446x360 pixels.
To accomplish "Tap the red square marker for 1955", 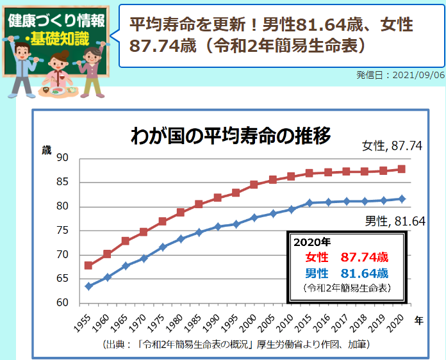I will pyautogui.click(x=88, y=265).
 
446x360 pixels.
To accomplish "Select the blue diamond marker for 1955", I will pyautogui.click(x=88, y=286).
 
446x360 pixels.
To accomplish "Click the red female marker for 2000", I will pyautogui.click(x=254, y=184).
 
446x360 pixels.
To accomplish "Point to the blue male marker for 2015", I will pyautogui.click(x=310, y=203).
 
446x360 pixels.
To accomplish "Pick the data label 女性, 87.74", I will pyautogui.click(x=392, y=146).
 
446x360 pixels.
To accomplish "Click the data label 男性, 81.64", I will pyautogui.click(x=396, y=222).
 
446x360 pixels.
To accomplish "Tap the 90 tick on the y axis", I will pyautogui.click(x=63, y=158).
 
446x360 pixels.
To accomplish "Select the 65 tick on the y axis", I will pyautogui.click(x=63, y=279).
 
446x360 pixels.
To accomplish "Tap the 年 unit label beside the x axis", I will pyautogui.click(x=418, y=318).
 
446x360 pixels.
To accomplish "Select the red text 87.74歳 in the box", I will pyautogui.click(x=364, y=258).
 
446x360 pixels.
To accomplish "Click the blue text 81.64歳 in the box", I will pyautogui.click(x=364, y=274).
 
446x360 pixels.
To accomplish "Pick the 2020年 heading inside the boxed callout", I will pyautogui.click(x=311, y=243).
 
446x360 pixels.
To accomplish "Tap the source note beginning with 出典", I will pyautogui.click(x=235, y=345).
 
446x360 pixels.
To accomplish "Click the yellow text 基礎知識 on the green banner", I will pyautogui.click(x=57, y=37).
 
